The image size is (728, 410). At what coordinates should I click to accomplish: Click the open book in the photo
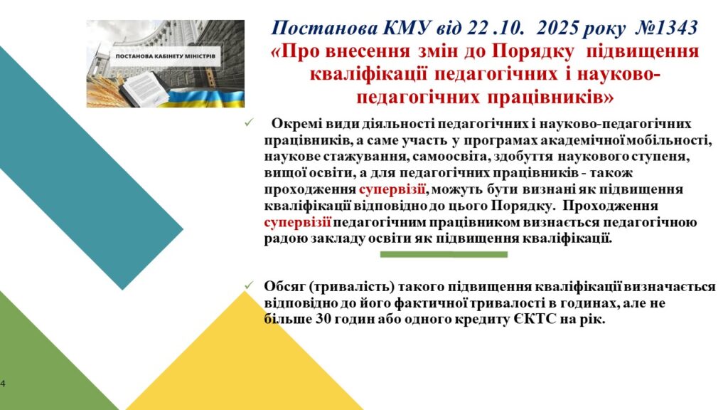[x=143, y=89]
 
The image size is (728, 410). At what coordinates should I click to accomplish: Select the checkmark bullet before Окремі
[x=250, y=122]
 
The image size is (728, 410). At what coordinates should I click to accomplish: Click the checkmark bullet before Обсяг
[x=250, y=285]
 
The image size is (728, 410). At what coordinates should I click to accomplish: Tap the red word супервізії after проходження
[x=392, y=189]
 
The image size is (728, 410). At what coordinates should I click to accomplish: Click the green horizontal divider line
[x=444, y=254]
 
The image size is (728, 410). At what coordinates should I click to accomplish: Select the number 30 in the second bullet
[x=324, y=320]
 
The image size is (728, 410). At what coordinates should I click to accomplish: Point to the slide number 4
[x=3, y=384]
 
